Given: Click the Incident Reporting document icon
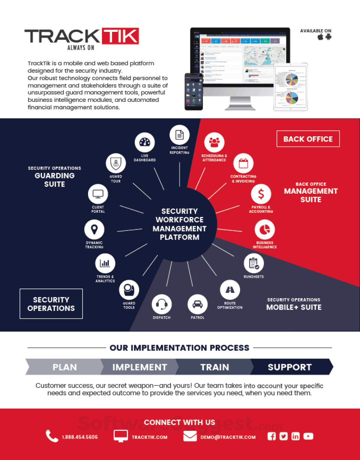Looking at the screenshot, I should (180, 135).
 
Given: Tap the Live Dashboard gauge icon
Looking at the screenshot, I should (144, 142).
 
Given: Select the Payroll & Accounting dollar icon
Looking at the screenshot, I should (261, 194).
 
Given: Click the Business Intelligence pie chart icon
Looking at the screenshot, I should (265, 230).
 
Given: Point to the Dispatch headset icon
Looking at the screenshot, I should (162, 304).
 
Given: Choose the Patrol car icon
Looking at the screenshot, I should (197, 304).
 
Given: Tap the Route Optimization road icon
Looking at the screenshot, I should (230, 290).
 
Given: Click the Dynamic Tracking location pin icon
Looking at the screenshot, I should (94, 229).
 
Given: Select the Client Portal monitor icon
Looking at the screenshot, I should (98, 194).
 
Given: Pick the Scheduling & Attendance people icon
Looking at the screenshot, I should (214, 142).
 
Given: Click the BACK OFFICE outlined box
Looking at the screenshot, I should (308, 139).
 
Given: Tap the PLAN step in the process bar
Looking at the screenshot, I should (64, 367).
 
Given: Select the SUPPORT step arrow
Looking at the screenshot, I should (290, 367).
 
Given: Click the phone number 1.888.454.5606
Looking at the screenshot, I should (79, 437).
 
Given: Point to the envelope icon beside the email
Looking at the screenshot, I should (190, 436).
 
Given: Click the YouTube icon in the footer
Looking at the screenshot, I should (308, 436).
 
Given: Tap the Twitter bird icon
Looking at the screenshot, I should (283, 436).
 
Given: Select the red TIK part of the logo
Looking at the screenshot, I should (120, 36).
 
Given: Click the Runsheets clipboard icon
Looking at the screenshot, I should (254, 263).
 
